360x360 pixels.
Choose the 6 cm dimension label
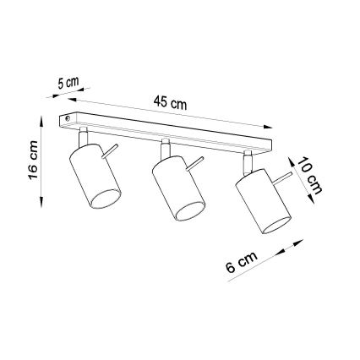pyautogui.click(x=242, y=263)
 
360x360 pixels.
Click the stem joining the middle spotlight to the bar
pyautogui.click(x=165, y=147)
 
